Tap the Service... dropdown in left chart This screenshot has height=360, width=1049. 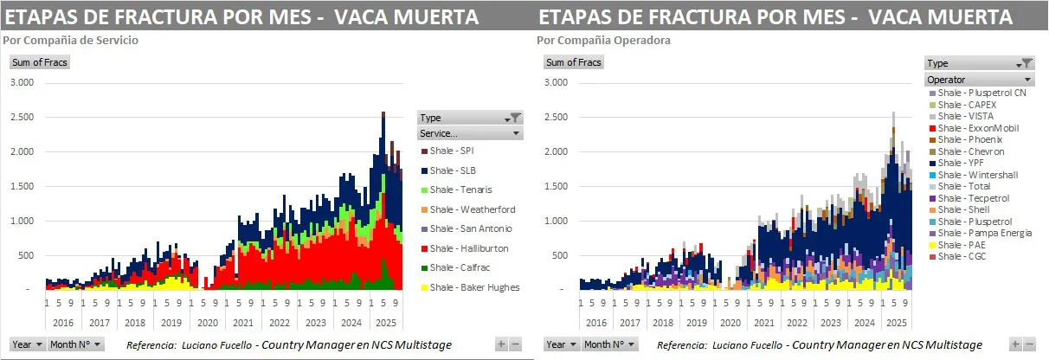coord(469,134)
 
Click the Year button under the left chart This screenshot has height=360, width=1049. coord(28,344)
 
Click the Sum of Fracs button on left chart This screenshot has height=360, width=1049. coord(39,62)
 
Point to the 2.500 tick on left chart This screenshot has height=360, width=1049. coord(22,117)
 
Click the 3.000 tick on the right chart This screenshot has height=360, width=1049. coord(556,82)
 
